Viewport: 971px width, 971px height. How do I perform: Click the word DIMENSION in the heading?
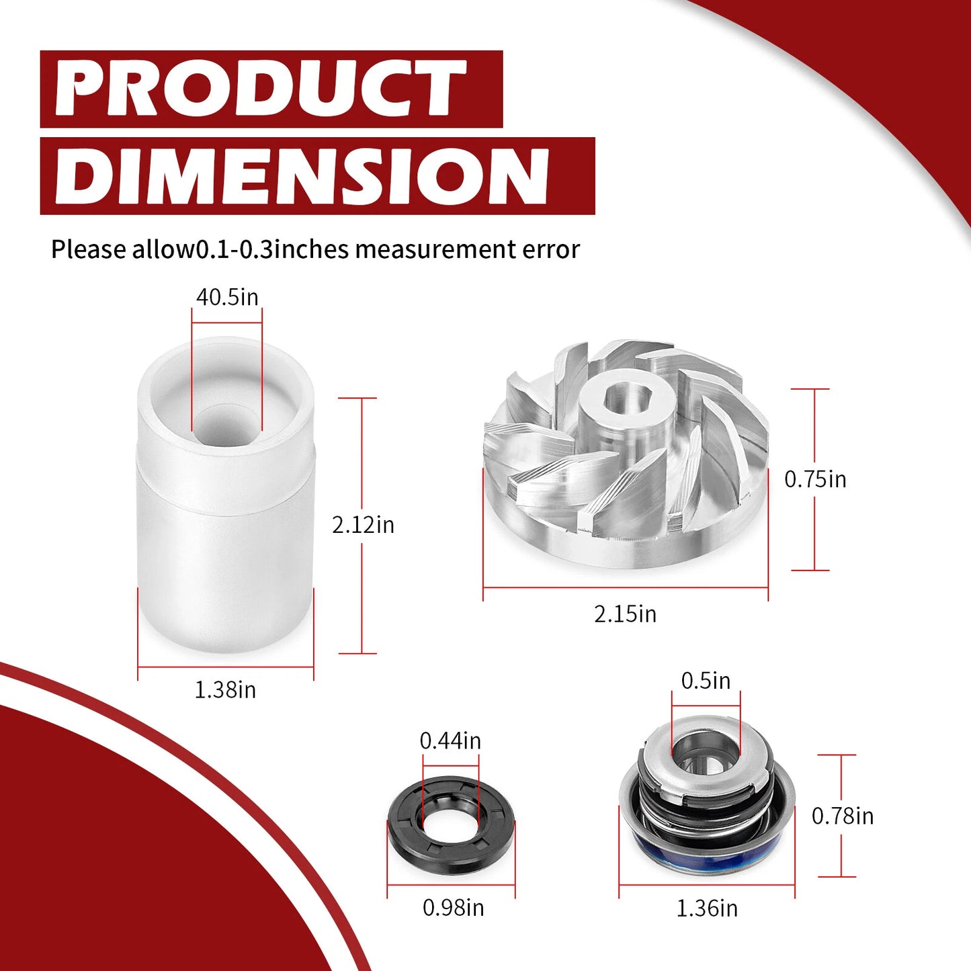tap(302, 176)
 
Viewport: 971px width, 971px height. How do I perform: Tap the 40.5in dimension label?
tap(227, 297)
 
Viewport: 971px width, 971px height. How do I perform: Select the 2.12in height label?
tap(363, 525)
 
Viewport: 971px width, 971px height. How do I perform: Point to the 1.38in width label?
tap(225, 690)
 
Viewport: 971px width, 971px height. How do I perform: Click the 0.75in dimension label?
tap(815, 479)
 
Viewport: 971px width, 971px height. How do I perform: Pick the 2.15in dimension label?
tap(625, 614)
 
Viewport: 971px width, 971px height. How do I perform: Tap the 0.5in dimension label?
tap(706, 681)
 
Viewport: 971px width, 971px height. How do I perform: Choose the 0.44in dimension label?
tap(450, 741)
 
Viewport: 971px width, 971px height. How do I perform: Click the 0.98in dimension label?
tap(453, 908)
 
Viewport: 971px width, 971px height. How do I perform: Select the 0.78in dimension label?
tap(843, 816)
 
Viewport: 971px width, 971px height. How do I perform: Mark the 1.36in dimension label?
tap(707, 909)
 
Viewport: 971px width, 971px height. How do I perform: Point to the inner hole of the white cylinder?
tap(226, 423)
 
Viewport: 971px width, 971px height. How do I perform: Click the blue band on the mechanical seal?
tap(706, 843)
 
